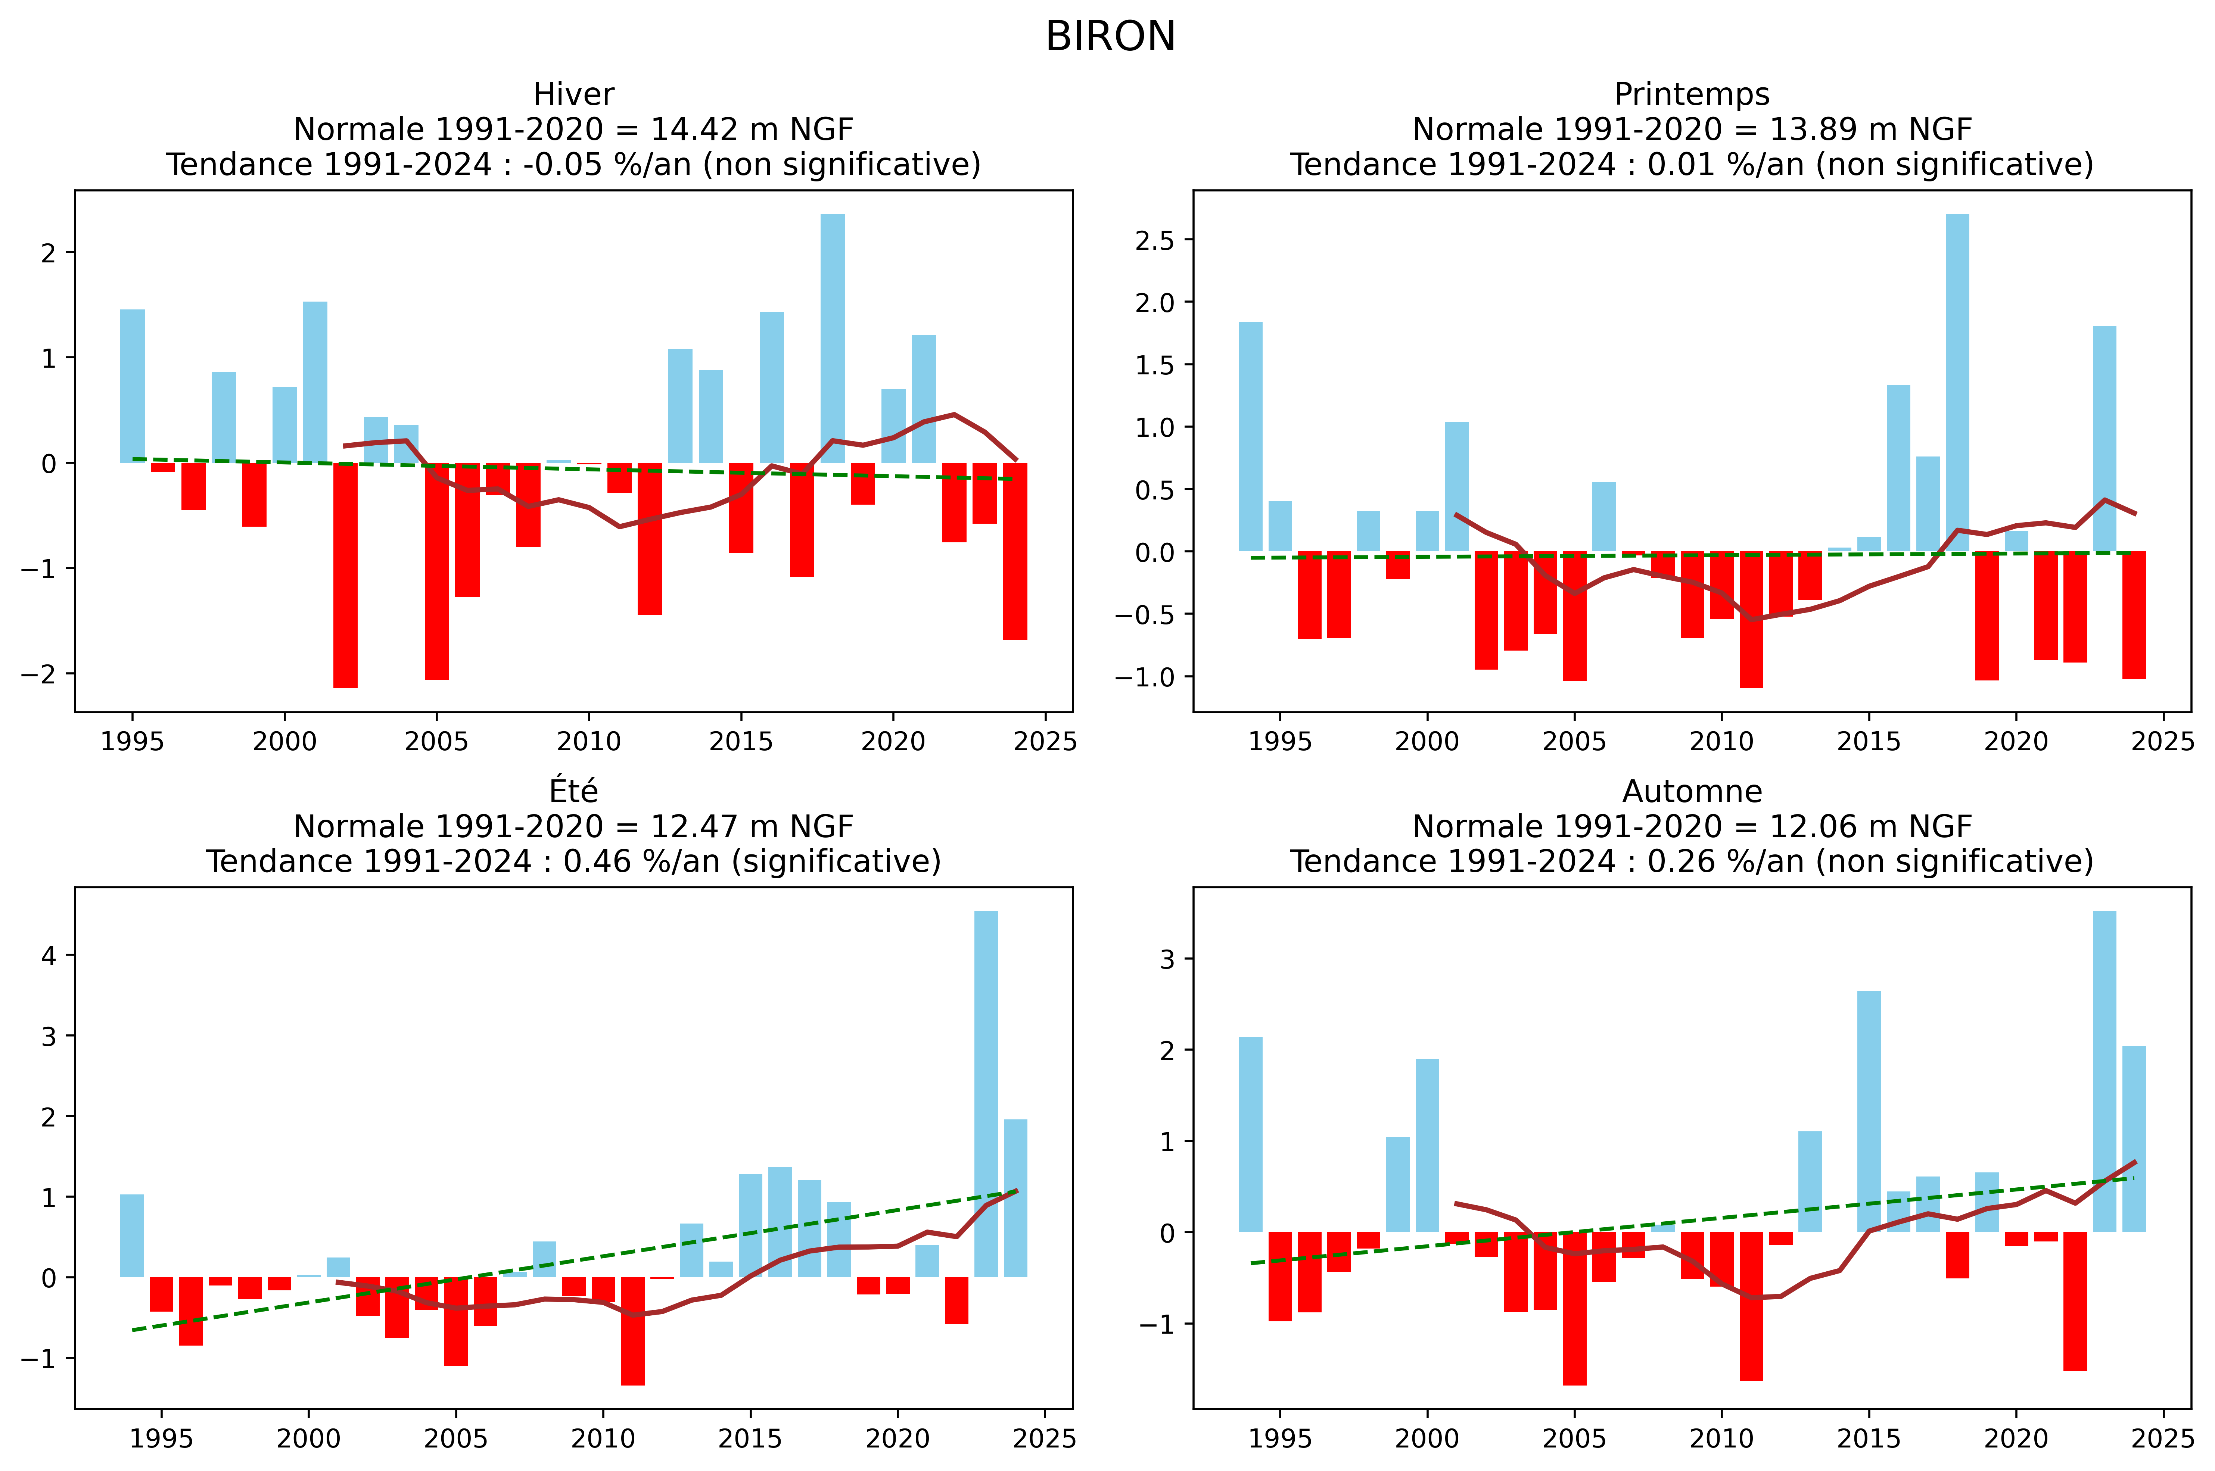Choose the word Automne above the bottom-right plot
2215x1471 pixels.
[1692, 792]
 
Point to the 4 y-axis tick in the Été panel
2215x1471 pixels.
[49, 956]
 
